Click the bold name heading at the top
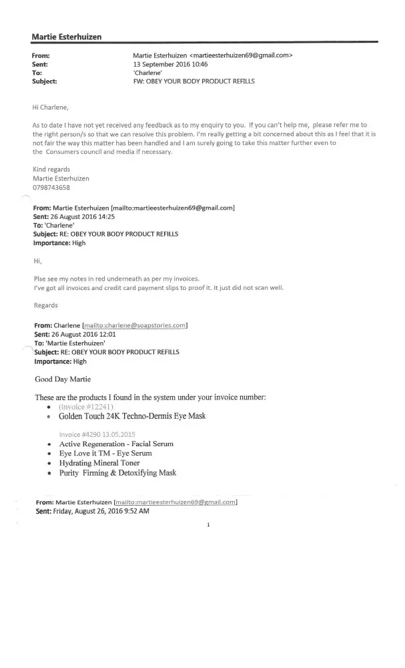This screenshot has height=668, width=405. pos(67,35)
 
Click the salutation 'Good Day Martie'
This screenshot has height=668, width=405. pos(65,379)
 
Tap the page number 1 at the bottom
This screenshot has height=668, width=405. pos(209,525)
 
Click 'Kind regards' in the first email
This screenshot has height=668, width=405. pos(51,170)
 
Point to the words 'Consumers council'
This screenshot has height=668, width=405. pos(80,152)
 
